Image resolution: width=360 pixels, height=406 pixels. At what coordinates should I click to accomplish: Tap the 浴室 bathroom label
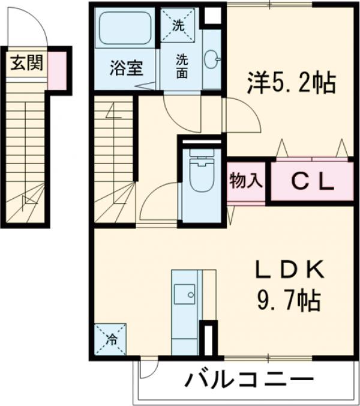point(126,68)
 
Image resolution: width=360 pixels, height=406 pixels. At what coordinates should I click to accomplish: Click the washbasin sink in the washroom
point(212,59)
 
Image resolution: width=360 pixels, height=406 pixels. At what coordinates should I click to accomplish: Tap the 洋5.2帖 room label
point(291,82)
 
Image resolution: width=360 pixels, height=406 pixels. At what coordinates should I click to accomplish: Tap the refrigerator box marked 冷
point(111,340)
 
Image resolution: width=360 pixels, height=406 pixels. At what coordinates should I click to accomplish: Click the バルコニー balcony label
point(248,380)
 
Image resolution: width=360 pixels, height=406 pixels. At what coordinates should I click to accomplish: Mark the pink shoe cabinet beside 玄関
point(58,68)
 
